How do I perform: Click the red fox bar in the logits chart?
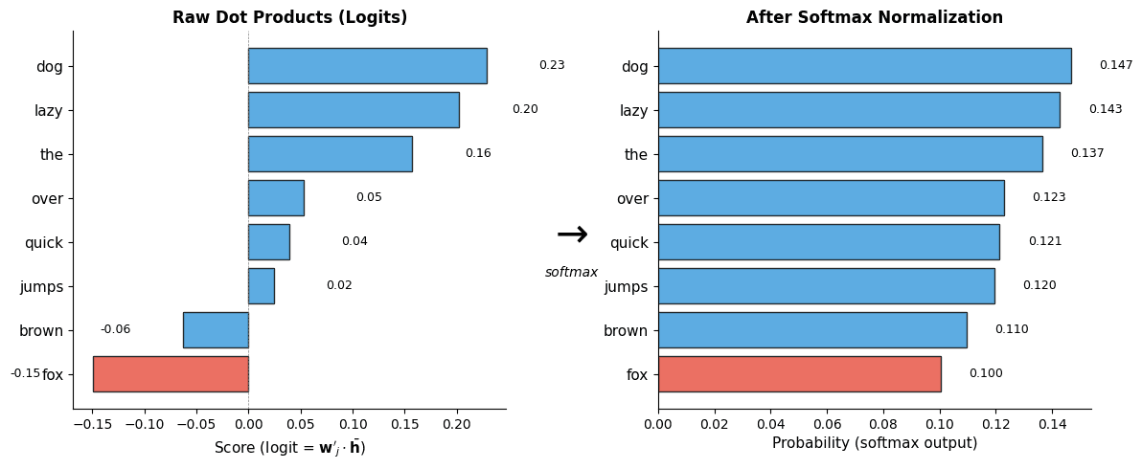click(171, 374)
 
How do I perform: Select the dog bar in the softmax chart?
click(864, 66)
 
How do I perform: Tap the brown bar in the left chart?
click(216, 330)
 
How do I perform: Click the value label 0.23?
click(552, 66)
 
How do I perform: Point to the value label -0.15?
click(25, 373)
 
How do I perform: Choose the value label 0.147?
click(1115, 66)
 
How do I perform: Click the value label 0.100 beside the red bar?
click(985, 373)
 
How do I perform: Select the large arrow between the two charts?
click(572, 234)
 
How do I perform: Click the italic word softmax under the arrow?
click(571, 273)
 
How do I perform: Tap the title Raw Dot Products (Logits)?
click(289, 17)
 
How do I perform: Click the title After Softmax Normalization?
click(874, 17)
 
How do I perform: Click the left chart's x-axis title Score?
click(289, 448)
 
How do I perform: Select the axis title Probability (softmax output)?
click(874, 444)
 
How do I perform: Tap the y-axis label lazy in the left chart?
click(48, 110)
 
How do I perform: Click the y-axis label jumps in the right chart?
click(627, 286)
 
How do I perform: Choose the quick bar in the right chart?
click(829, 242)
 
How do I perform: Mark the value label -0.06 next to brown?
click(115, 329)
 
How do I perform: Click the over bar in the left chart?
click(276, 198)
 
